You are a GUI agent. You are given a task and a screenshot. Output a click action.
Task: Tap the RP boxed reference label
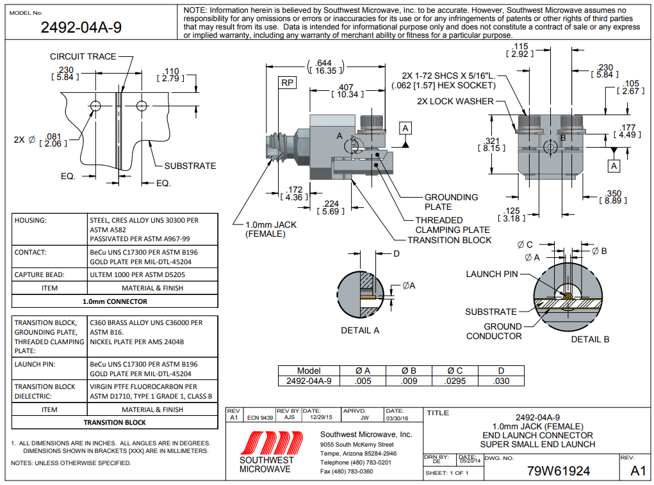(287, 83)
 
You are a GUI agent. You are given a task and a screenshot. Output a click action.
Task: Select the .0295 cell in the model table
(455, 381)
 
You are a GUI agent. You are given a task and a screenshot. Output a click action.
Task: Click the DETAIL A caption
(360, 330)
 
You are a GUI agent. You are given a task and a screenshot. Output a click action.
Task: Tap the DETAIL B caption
(590, 338)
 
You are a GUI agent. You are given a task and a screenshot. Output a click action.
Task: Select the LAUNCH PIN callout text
(492, 274)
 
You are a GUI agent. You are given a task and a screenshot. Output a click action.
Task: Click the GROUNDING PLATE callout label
(451, 202)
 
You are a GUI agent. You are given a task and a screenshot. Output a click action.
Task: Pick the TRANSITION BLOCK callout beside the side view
(450, 240)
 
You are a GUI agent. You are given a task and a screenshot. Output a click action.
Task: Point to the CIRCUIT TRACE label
(83, 56)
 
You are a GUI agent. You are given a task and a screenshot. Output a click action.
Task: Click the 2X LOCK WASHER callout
(455, 101)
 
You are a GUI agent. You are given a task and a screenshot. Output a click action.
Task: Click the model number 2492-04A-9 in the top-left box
(81, 27)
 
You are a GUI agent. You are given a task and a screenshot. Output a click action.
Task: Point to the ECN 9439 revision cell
(260, 417)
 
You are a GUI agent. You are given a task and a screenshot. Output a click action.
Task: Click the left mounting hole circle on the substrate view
(95, 105)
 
